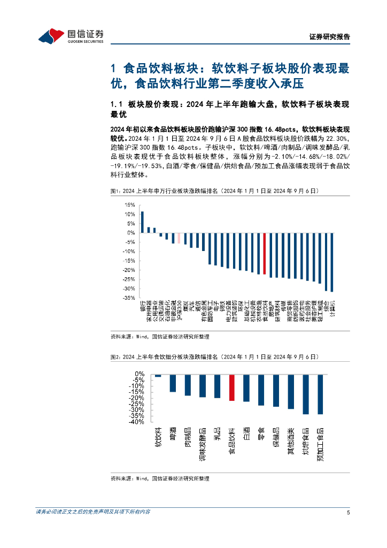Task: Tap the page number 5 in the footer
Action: click(x=348, y=512)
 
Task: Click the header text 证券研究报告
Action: click(x=330, y=37)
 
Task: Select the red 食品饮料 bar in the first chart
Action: click(x=264, y=254)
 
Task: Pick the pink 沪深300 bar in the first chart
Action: click(x=179, y=238)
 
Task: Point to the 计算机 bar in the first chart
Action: click(x=332, y=262)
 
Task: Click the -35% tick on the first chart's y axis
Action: click(x=128, y=298)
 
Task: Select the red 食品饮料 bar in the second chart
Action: click(x=231, y=387)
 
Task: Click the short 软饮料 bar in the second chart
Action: click(x=158, y=376)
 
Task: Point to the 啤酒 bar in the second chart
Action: click(x=173, y=383)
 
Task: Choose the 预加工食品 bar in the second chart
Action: click(x=320, y=394)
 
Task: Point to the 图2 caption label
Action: click(x=116, y=356)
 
